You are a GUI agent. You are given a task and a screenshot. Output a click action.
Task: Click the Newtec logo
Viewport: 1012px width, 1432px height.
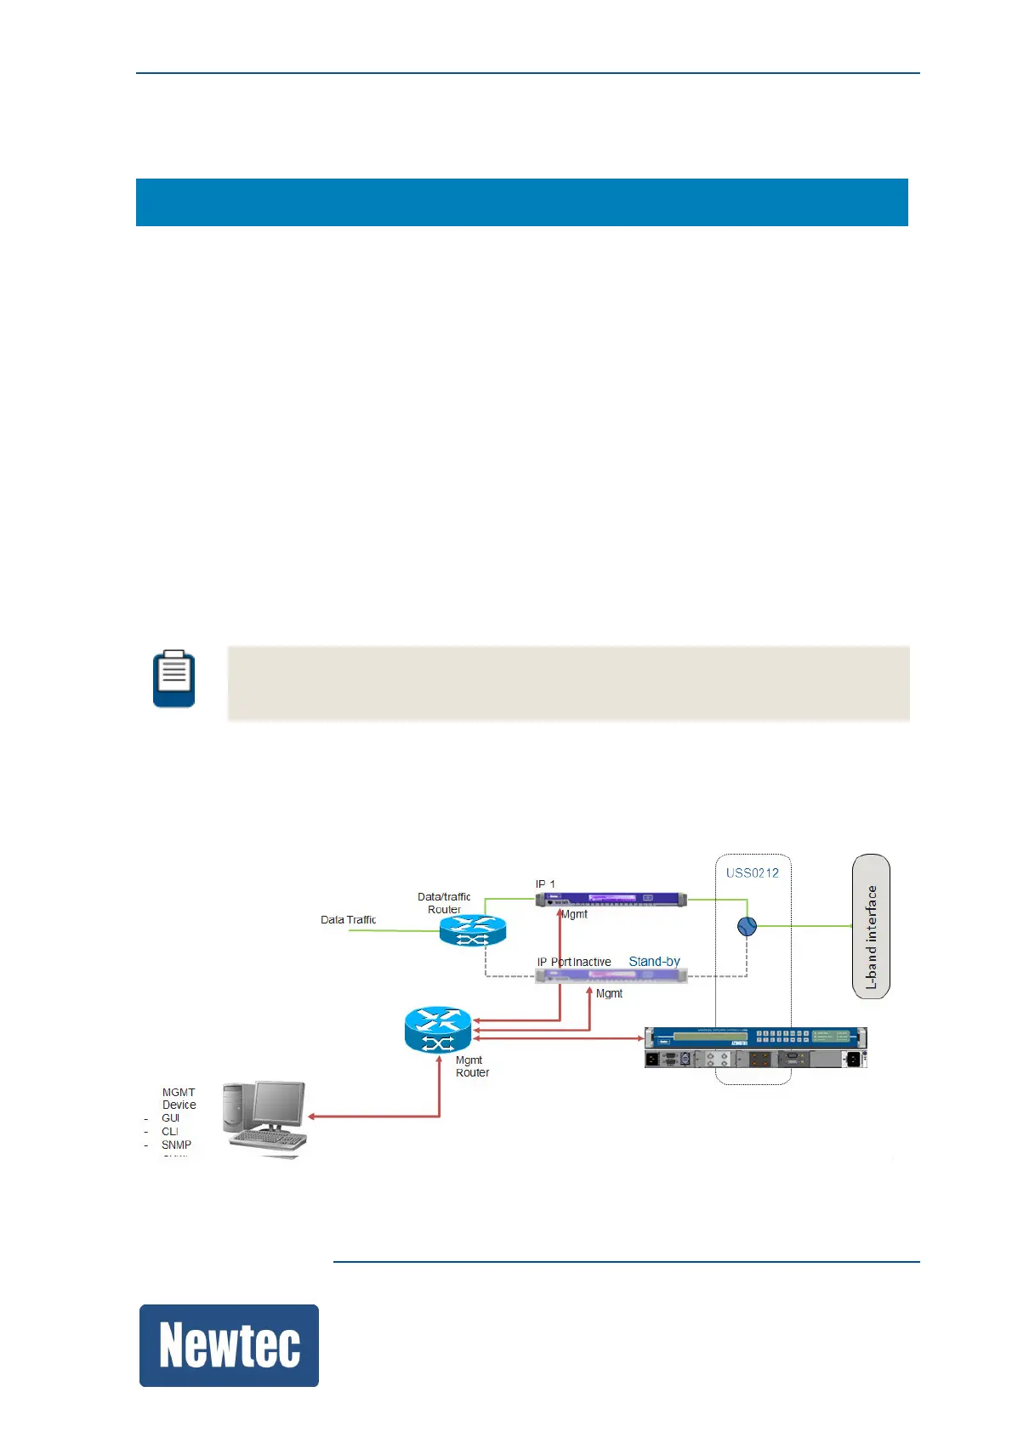[229, 1345]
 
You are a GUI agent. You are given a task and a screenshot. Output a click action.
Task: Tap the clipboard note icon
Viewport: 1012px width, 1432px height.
[173, 679]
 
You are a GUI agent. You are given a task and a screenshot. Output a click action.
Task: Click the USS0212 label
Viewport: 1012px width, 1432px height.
[752, 872]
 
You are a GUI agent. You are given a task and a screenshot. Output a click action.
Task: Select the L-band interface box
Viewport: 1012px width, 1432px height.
[871, 926]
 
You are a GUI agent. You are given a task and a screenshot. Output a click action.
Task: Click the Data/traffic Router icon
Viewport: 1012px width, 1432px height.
[473, 930]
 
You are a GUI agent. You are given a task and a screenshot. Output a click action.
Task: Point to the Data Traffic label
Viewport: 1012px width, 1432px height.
[348, 919]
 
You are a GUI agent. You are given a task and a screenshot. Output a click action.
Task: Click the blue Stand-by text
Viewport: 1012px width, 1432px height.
[654, 962]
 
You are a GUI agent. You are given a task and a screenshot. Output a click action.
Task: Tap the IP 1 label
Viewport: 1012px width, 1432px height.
[545, 884]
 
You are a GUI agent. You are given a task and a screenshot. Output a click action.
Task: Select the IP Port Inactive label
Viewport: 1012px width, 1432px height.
[574, 962]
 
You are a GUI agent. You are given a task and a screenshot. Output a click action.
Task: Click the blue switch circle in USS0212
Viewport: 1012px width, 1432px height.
[747, 926]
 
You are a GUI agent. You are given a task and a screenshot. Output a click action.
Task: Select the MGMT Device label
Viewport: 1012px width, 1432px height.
[179, 1099]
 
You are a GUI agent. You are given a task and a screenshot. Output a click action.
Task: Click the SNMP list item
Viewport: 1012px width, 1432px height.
[176, 1145]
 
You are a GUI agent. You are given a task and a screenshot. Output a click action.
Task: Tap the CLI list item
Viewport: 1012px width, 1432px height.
[170, 1132]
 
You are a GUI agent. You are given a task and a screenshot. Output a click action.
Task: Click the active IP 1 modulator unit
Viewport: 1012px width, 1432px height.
[611, 899]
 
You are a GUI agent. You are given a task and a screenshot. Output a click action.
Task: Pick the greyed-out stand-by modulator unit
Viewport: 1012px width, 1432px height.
[611, 975]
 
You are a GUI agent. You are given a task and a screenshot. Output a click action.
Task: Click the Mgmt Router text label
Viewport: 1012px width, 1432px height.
[472, 1066]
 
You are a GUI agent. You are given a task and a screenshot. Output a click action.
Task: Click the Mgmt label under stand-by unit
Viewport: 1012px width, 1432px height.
[609, 993]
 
